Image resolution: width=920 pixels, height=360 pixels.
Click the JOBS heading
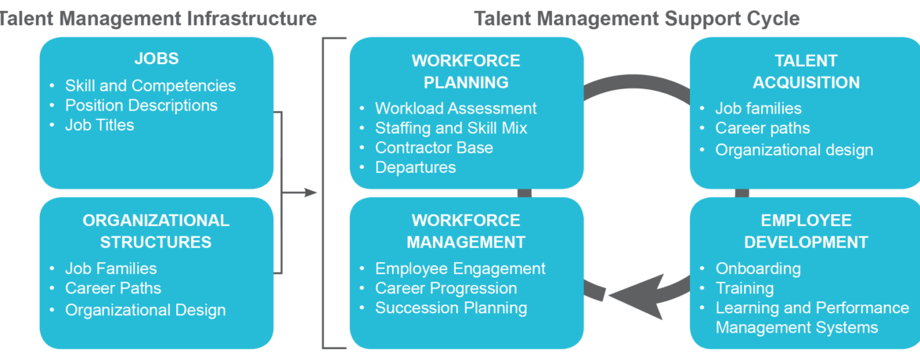tap(157, 59)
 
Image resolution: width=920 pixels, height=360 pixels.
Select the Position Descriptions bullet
tap(141, 105)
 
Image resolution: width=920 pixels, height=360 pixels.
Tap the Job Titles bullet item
tap(99, 124)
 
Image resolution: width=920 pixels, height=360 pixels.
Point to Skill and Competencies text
tap(150, 85)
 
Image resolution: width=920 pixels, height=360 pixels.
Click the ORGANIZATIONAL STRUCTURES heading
tap(156, 231)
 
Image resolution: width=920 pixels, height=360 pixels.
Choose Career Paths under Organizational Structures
tap(113, 288)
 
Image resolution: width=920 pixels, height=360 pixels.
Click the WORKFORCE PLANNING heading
tap(466, 71)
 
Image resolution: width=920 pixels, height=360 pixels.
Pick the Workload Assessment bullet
tap(456, 108)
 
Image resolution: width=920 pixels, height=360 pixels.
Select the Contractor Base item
tap(434, 147)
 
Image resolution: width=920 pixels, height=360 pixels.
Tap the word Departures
tap(415, 167)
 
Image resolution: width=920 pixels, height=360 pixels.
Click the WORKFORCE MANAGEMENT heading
tap(466, 231)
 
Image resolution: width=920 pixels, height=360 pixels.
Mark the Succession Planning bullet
tap(451, 308)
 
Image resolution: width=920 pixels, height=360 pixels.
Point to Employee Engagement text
tap(460, 268)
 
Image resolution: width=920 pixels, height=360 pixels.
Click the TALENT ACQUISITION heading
tap(806, 71)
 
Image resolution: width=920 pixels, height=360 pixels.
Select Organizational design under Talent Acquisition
tap(794, 149)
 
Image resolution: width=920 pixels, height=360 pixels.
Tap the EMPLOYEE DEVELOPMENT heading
tap(806, 231)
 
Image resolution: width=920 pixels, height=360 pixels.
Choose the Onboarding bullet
tap(758, 268)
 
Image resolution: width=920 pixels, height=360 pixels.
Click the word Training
tap(745, 288)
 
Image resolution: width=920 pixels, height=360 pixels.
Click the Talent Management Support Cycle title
tap(637, 17)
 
